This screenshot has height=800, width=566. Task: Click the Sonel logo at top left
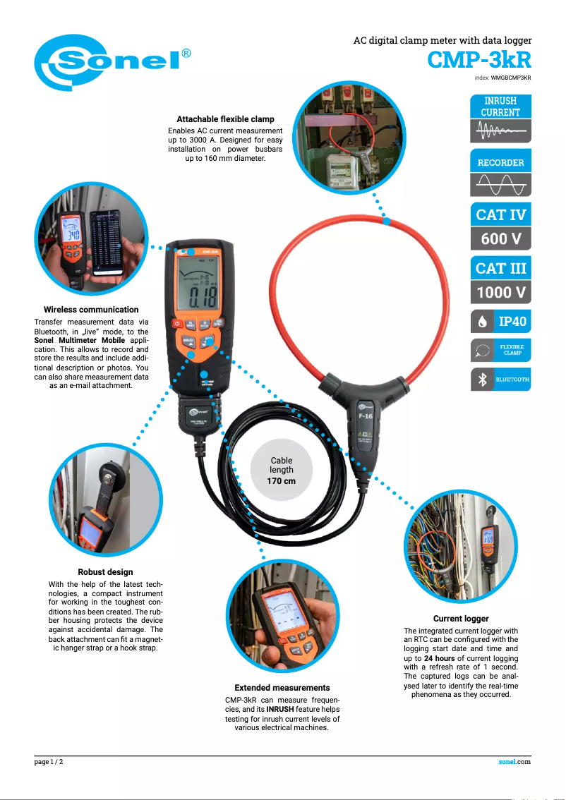coord(113,62)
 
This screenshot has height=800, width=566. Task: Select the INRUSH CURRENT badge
coord(500,107)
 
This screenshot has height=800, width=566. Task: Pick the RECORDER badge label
coord(500,162)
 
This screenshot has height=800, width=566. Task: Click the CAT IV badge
coord(500,214)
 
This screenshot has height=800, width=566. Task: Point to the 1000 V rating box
coord(500,292)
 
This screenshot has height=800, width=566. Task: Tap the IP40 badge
coord(500,322)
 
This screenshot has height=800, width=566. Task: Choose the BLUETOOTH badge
coord(500,380)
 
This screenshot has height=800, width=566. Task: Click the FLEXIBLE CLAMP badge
coord(500,350)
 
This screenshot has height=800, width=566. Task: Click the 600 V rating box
coord(500,239)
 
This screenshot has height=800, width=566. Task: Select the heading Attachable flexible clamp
coord(225,119)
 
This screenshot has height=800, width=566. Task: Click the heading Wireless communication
coord(91,310)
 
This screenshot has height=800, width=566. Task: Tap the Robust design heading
coord(105,572)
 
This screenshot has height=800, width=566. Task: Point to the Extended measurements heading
coord(282,687)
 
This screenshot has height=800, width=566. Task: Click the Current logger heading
coord(461,619)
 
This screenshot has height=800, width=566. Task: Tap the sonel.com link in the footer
coord(514,762)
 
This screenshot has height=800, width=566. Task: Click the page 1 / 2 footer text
coord(49,762)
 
